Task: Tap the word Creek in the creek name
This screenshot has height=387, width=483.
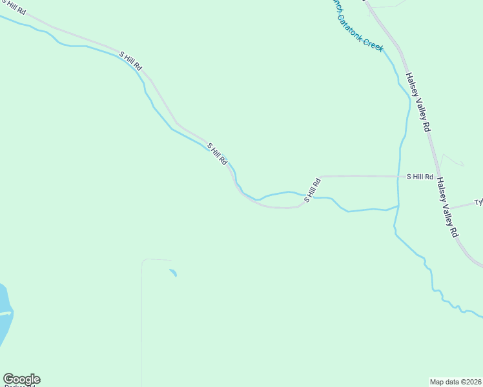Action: coord(373,43)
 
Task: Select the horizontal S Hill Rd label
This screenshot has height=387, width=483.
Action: coord(419,176)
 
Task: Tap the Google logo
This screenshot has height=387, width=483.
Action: coord(21,379)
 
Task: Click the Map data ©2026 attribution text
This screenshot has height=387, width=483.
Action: coord(455,381)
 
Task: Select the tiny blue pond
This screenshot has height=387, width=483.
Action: coord(173,273)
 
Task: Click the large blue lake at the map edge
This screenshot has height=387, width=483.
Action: coord(5,316)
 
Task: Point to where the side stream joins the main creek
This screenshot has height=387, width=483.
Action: coord(398,206)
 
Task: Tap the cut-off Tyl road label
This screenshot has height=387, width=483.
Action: coord(478,202)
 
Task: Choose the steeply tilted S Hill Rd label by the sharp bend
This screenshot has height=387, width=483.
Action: coord(313,190)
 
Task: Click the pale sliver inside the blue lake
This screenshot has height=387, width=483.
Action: coord(5,314)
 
